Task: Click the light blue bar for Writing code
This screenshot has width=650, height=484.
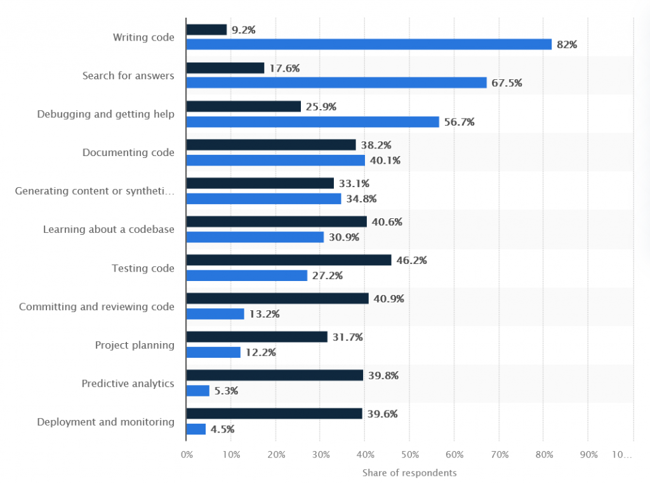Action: click(369, 44)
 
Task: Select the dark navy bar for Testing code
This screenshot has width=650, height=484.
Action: click(288, 260)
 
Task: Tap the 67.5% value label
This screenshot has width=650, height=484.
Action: click(507, 83)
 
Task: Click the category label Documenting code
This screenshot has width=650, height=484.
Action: click(128, 152)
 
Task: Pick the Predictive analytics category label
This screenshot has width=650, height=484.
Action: click(128, 383)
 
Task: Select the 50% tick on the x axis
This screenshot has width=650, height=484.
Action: click(409, 455)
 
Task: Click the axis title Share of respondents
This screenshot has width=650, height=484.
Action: click(409, 473)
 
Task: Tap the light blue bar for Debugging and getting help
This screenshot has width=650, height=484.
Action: click(312, 122)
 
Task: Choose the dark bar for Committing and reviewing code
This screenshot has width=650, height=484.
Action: click(277, 298)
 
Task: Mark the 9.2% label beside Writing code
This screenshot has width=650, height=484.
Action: click(244, 30)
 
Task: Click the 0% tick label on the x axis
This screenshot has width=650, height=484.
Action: click(187, 455)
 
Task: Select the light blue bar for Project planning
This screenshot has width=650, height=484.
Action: click(213, 352)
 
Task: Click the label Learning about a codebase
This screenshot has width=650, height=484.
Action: click(109, 229)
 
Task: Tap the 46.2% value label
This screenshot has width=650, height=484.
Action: click(412, 260)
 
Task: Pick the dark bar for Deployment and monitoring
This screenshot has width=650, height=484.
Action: click(274, 414)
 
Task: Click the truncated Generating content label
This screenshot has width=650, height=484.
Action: click(94, 191)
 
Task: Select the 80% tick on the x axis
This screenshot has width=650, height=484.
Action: click(543, 455)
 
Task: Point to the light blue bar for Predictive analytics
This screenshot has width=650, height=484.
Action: click(197, 391)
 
